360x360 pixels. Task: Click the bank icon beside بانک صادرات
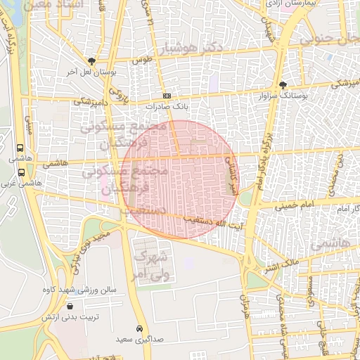[x=167, y=96]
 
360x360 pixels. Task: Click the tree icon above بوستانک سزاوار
[x=283, y=84]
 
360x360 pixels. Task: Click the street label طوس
[x=143, y=60]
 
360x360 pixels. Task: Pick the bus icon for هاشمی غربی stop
[x=20, y=172]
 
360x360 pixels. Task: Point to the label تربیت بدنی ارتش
[x=71, y=317]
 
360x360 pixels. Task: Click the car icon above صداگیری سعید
[x=140, y=328]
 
